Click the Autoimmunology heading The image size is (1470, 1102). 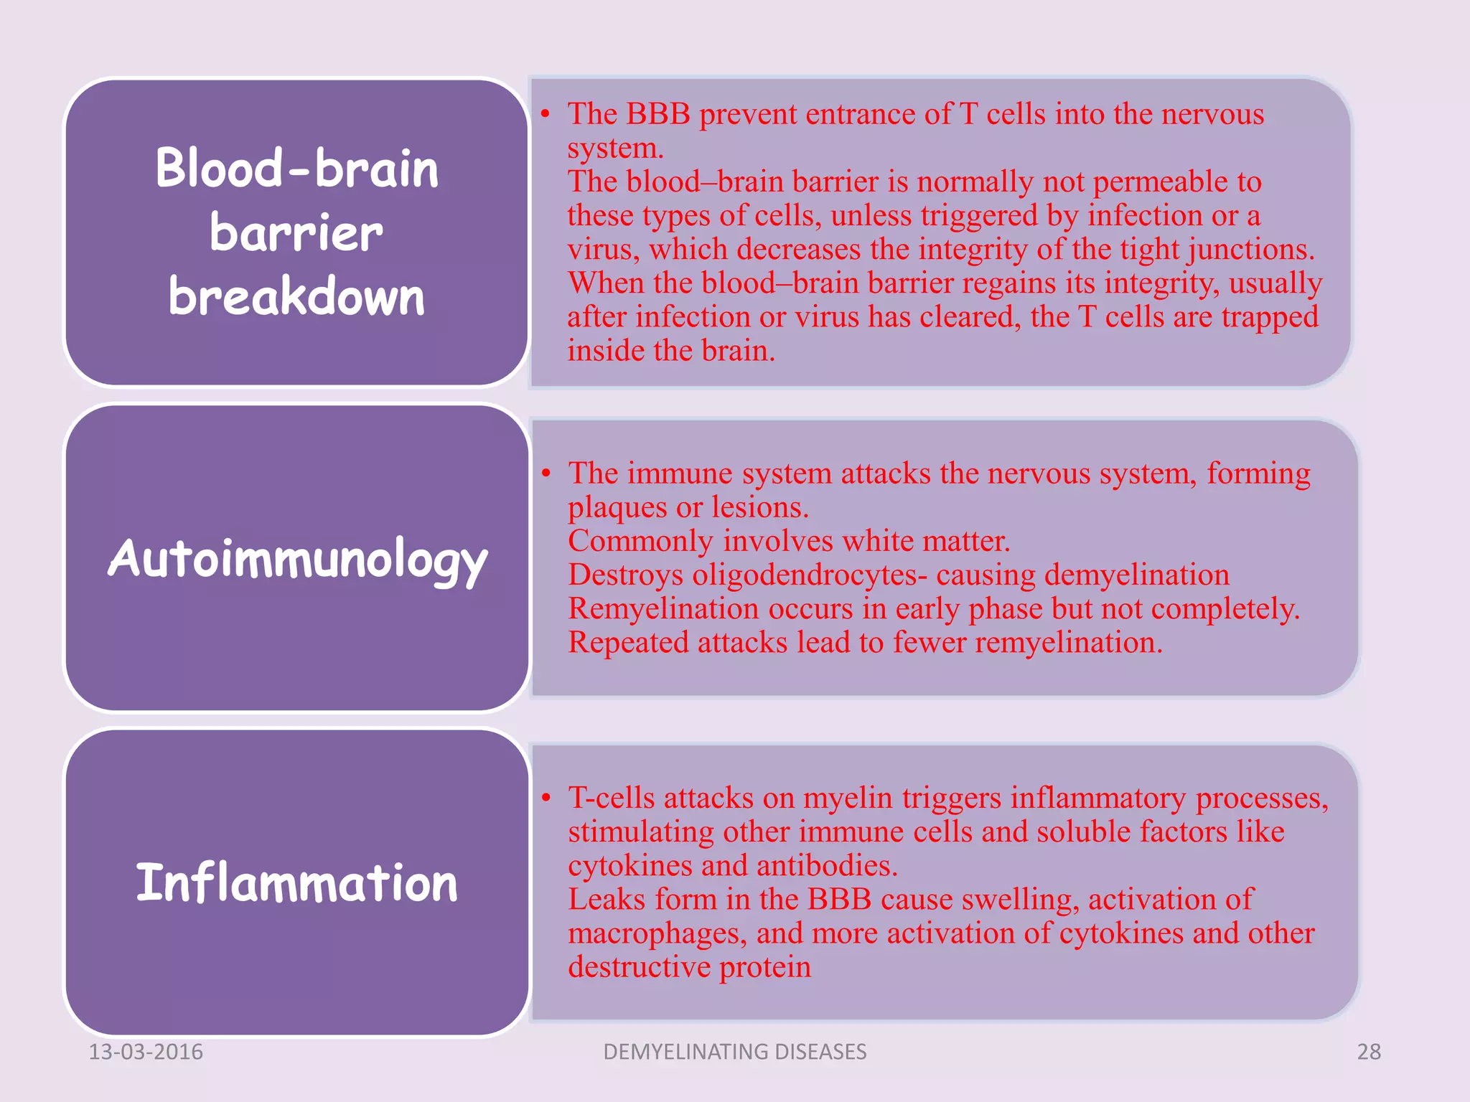tap(297, 559)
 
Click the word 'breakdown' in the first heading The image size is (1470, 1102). tap(296, 296)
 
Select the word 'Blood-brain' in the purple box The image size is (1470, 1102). tap(296, 169)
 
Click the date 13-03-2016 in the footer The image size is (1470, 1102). tap(146, 1051)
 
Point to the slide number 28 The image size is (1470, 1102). tap(1369, 1051)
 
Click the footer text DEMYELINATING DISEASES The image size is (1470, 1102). tap(735, 1051)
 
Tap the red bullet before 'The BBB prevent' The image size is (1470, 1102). tap(546, 114)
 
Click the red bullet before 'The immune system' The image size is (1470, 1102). tap(546, 474)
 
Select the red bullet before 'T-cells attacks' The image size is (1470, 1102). tap(546, 798)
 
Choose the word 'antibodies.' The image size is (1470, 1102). tap(827, 866)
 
